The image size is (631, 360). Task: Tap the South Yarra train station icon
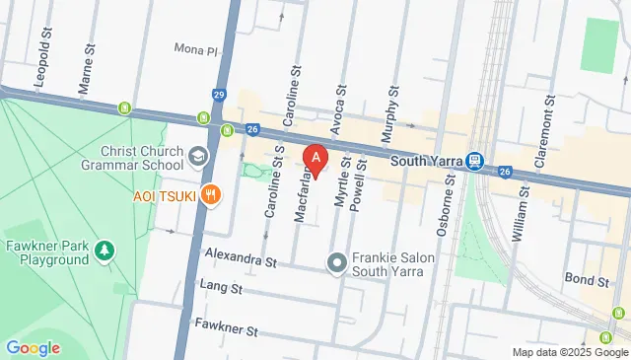(x=475, y=160)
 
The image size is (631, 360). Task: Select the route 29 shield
(x=218, y=94)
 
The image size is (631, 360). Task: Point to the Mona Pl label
(x=194, y=49)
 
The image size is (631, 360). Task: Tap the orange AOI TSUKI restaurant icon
(x=209, y=195)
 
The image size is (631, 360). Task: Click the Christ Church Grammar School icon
(x=199, y=157)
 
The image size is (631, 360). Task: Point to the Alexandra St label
(x=240, y=260)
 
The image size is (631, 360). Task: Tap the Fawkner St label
(x=226, y=325)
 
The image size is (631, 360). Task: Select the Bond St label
(x=586, y=280)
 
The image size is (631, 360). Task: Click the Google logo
(x=33, y=347)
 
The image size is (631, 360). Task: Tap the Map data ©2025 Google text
(x=569, y=352)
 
